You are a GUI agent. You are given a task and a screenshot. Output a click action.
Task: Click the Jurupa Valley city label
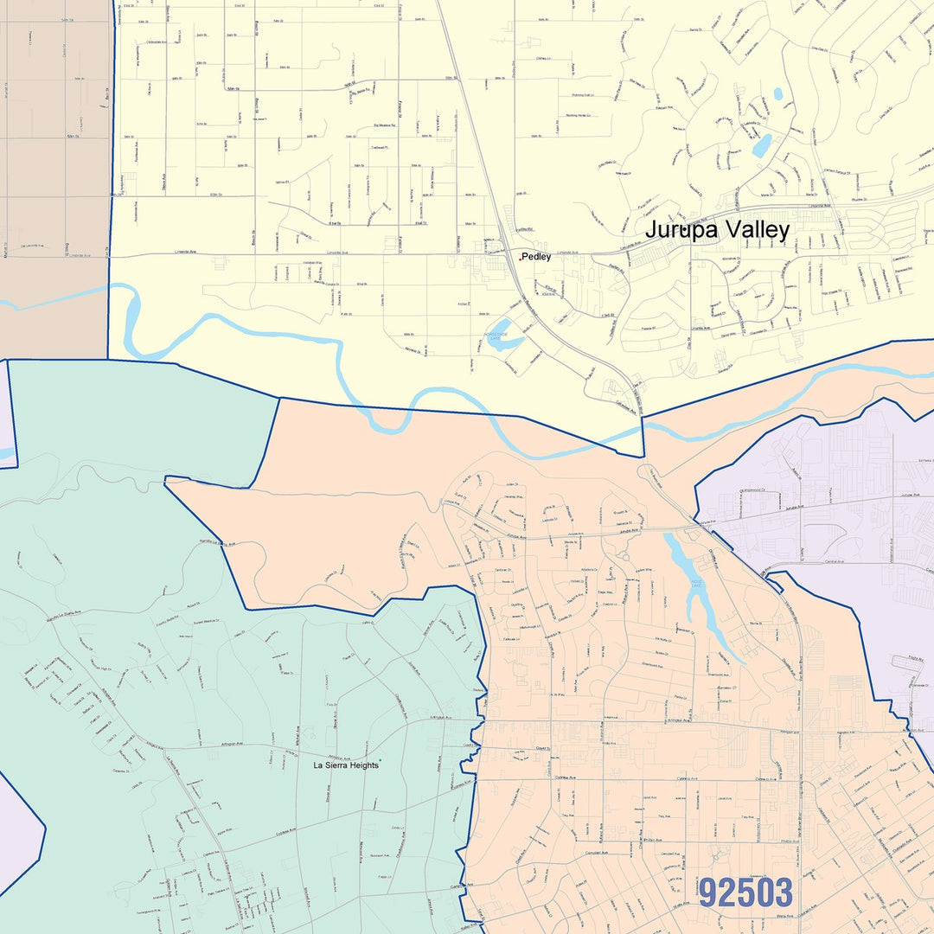tap(717, 230)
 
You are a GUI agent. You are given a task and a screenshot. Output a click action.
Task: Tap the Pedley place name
tap(536, 257)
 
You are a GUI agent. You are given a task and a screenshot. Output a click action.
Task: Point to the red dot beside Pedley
tap(520, 258)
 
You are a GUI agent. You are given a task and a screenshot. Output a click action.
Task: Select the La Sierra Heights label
tap(345, 765)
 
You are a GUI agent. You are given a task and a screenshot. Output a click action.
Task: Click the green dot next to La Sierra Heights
tap(380, 760)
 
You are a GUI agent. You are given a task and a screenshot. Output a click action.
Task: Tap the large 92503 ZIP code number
tap(745, 892)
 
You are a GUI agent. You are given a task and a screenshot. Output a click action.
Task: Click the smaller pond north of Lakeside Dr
tap(777, 93)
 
